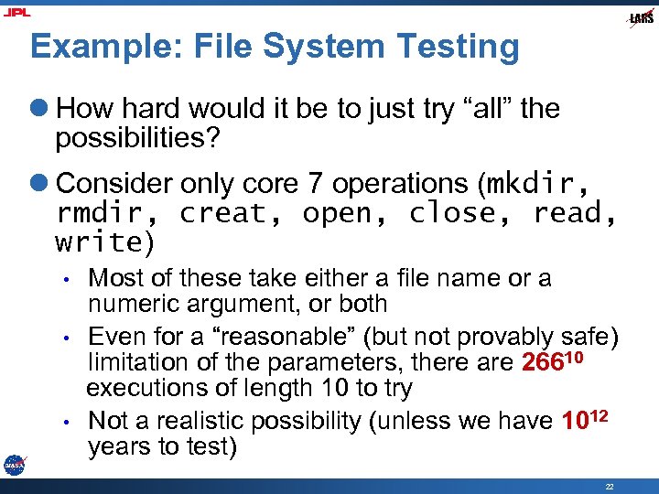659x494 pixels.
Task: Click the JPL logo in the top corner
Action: [x=17, y=13]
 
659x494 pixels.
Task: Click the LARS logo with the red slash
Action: [x=641, y=18]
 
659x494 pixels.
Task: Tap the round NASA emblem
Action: [x=14, y=465]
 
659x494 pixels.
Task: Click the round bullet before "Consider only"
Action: [x=42, y=184]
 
